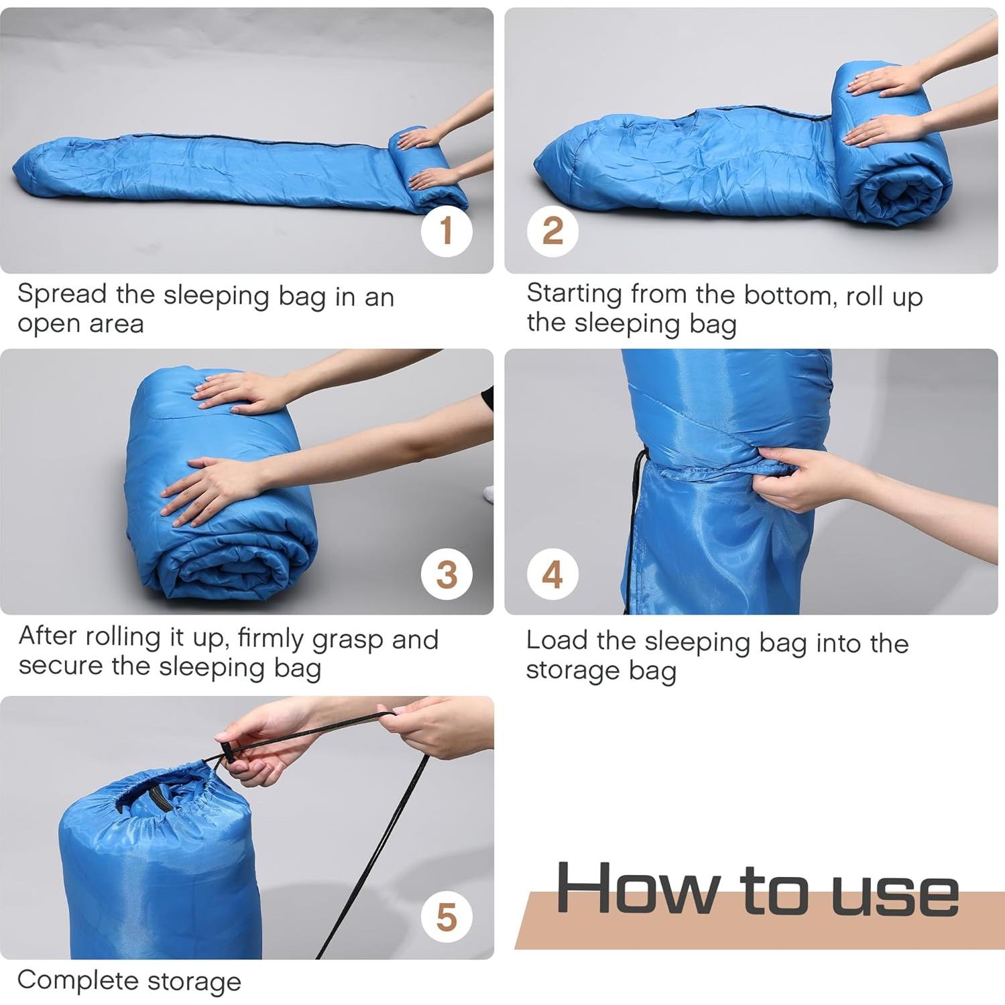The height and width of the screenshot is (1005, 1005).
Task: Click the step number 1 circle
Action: [x=447, y=231]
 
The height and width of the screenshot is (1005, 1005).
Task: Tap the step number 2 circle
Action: [x=552, y=231]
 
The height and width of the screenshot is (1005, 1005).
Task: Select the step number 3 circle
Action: [x=447, y=575]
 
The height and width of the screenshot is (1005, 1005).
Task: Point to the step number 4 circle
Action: [x=552, y=575]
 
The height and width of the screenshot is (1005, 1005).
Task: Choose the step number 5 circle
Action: [x=447, y=917]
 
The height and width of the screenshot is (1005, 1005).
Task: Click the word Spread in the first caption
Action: [x=62, y=295]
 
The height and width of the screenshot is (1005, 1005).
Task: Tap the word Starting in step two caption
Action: [x=574, y=295]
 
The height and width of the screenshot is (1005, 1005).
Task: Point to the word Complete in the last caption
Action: [x=77, y=981]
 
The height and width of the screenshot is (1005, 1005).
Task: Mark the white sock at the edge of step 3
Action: [x=488, y=494]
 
